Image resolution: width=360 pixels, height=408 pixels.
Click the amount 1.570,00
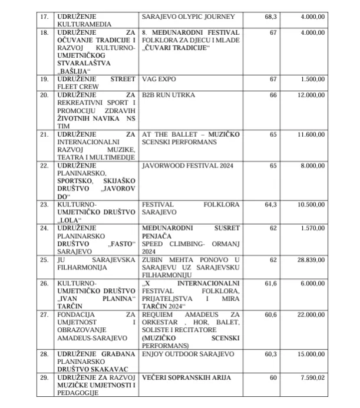coord(312,226)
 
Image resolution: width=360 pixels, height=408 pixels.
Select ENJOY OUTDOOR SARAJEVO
coord(188,355)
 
